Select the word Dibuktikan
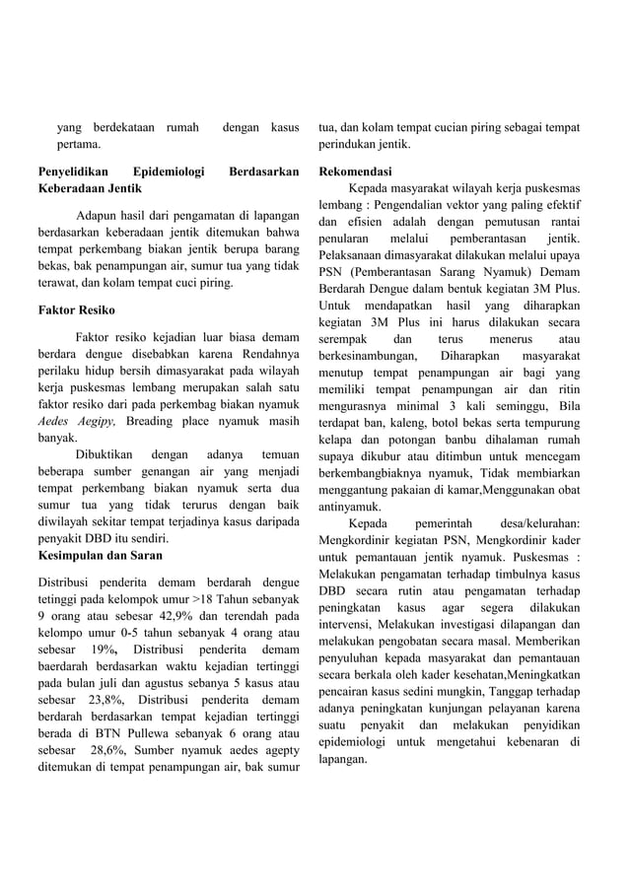(x=105, y=456)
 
